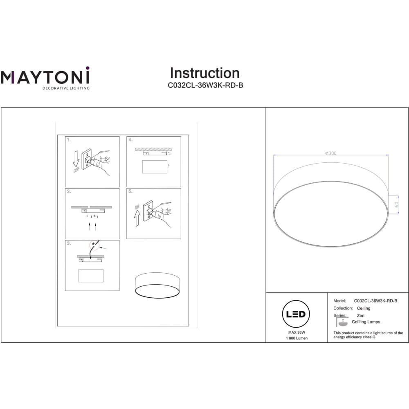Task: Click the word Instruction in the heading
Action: [x=205, y=73]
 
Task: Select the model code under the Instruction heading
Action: [x=205, y=85]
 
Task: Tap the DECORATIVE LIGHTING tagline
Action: [x=66, y=88]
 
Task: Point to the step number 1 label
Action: [x=69, y=140]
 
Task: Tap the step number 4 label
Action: [x=130, y=140]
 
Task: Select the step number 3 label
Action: [x=69, y=243]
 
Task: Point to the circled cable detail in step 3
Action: [x=94, y=245]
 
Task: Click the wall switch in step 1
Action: [x=87, y=159]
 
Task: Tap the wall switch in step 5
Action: [x=148, y=211]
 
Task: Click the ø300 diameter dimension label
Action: [x=331, y=153]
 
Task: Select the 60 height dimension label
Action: [x=396, y=205]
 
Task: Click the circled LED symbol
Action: [x=296, y=314]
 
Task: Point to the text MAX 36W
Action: [x=297, y=332]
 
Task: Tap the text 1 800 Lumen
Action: [x=297, y=338]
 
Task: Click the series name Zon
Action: [x=360, y=316]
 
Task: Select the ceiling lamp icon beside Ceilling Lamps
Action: [x=342, y=321]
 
